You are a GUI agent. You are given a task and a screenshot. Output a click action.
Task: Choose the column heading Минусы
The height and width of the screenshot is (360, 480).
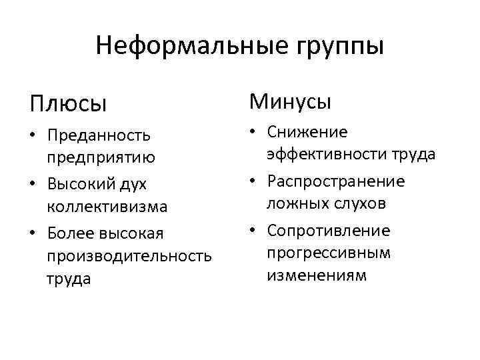(290, 101)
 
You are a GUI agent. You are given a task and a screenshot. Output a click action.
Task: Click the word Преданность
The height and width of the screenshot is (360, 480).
(99, 135)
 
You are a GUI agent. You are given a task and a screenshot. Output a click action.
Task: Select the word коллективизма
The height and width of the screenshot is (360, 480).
(107, 207)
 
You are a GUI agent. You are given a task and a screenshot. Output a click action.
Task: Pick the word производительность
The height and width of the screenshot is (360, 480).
(129, 256)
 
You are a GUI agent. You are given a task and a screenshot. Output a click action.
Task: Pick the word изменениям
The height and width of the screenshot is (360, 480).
(317, 275)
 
